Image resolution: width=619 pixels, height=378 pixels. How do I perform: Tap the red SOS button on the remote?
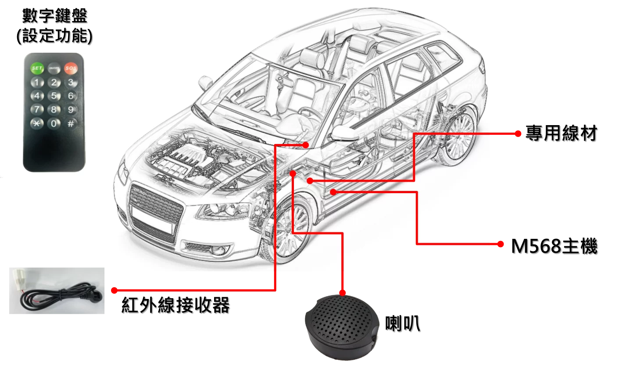click(x=71, y=68)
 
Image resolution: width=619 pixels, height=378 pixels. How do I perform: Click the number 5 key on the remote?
click(x=54, y=96)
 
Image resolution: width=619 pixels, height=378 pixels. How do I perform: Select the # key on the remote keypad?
click(x=71, y=123)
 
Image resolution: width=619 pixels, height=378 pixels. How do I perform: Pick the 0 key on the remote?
click(x=54, y=123)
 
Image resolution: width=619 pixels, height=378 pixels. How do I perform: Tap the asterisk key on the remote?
click(x=37, y=123)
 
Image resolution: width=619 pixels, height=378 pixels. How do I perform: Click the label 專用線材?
click(x=561, y=133)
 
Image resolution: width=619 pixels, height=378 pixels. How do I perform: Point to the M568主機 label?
click(x=555, y=246)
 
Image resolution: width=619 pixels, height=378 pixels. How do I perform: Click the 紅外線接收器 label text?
click(x=175, y=305)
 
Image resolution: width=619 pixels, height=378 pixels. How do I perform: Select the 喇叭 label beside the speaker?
click(x=403, y=323)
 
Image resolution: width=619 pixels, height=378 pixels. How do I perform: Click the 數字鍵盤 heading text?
click(x=55, y=15)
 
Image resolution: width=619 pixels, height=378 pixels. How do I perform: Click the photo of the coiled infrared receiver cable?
click(x=57, y=291)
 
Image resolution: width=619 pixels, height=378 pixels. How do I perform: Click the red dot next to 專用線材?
click(x=518, y=134)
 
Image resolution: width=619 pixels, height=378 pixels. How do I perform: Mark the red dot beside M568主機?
click(x=500, y=244)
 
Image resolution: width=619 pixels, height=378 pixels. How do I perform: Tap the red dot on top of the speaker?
click(x=342, y=292)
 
